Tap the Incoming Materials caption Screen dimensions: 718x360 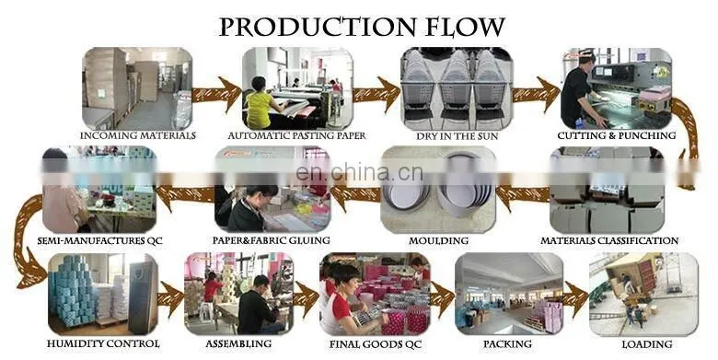[138, 135]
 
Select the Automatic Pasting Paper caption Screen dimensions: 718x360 [296, 135]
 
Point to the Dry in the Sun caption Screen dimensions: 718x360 [457, 136]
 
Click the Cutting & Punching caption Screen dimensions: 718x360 [617, 135]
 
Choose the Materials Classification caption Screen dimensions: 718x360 [609, 240]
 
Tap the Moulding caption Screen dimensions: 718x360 [438, 240]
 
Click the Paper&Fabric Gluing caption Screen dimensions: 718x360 [271, 240]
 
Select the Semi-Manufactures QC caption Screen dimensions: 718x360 [99, 241]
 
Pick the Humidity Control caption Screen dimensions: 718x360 [103, 343]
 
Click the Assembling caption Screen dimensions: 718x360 [238, 343]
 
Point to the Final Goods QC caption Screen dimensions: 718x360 [375, 344]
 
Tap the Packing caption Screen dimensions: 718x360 [508, 343]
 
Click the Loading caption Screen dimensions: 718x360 [647, 344]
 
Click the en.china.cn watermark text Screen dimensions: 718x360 [359, 174]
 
